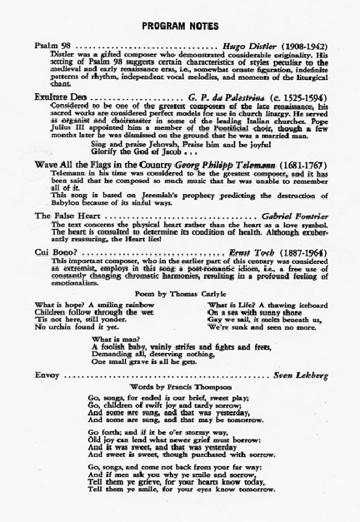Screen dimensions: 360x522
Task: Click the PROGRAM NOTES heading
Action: (x=179, y=15)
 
